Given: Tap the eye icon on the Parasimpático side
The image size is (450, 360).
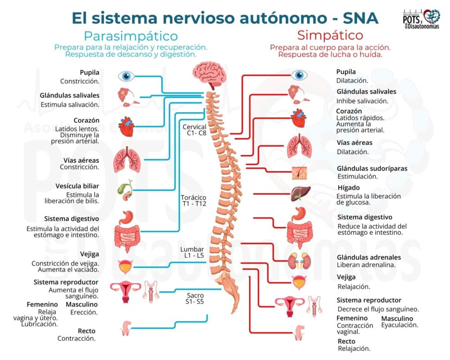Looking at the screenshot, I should pos(126,76).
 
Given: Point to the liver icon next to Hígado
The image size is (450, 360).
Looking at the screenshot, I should pos(300,194).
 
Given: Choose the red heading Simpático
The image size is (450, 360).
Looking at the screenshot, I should pos(330,35).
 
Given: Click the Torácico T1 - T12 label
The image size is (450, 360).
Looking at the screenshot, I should pos(194,201).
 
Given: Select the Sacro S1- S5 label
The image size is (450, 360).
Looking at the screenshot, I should pos(195,298).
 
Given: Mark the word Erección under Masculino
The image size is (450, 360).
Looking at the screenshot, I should pos(84,313).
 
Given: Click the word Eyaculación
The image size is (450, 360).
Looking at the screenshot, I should pos(399,325).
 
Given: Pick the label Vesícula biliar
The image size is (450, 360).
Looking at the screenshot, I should pos(77,186).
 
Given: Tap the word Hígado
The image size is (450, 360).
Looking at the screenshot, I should pos(348,188).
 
